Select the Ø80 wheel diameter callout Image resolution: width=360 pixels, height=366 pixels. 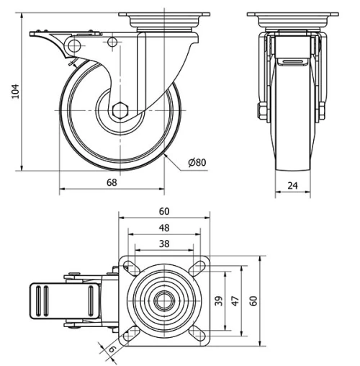[197, 163]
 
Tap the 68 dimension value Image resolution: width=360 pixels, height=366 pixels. [112, 182]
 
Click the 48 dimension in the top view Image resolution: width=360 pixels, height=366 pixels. [164, 228]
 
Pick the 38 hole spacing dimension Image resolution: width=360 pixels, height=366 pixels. [164, 244]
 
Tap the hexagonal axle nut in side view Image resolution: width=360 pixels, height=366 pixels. [120, 111]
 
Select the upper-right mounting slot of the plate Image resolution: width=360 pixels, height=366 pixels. [197, 268]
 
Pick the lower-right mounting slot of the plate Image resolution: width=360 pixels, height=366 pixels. [197, 333]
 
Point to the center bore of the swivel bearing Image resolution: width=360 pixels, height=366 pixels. [164, 300]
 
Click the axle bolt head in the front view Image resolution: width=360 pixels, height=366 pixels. [262, 112]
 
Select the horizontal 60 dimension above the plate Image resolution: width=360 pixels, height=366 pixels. [164, 211]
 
